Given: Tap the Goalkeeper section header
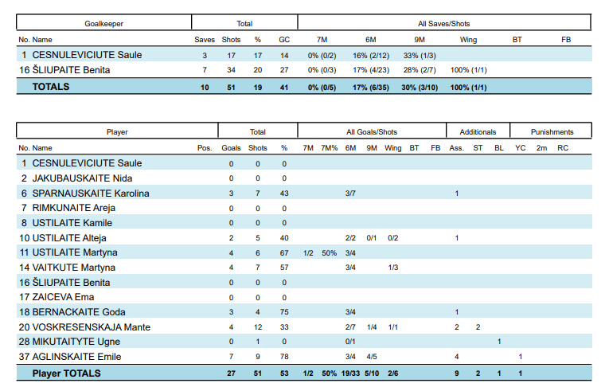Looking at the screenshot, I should (x=104, y=24).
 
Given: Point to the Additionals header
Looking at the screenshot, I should (x=478, y=132).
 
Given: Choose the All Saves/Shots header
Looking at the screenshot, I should (x=444, y=24).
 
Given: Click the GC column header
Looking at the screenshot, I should (x=284, y=39).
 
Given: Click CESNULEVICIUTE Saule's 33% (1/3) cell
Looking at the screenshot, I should (x=413, y=55).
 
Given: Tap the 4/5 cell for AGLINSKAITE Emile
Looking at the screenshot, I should (x=372, y=357).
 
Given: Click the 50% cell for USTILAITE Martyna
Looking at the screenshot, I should (x=329, y=252).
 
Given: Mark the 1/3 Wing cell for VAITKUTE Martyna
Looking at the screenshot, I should (x=393, y=268).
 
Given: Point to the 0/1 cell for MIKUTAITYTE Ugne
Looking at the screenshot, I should (x=350, y=342).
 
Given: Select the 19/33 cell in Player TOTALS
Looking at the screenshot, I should (x=350, y=373).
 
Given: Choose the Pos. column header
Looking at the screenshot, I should (x=205, y=147).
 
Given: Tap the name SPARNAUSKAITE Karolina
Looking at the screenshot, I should (x=91, y=193).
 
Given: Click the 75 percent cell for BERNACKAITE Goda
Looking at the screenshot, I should (x=284, y=312).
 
